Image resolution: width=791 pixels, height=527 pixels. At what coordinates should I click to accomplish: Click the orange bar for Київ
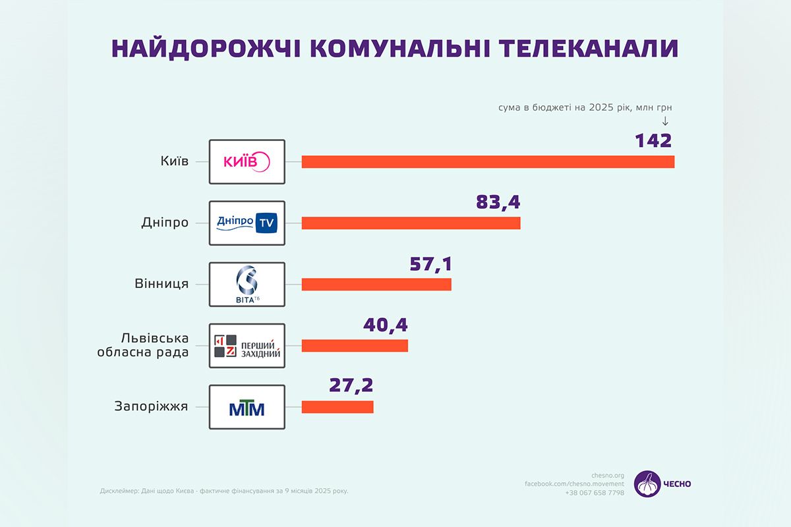tap(488, 162)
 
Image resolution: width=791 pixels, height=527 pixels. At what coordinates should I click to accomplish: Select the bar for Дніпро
tap(411, 223)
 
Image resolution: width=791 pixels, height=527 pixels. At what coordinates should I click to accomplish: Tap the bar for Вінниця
tap(376, 284)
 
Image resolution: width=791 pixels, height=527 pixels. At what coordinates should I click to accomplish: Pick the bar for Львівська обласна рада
tap(355, 345)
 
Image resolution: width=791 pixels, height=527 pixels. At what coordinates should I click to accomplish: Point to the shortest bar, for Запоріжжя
tap(337, 406)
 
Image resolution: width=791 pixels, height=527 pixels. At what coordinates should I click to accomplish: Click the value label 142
tap(653, 140)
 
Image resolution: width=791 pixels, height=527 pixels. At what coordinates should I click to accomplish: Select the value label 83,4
tap(498, 202)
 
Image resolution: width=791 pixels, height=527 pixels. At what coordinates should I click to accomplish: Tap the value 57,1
tap(430, 263)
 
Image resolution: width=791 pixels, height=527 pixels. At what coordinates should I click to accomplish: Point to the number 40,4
tap(386, 325)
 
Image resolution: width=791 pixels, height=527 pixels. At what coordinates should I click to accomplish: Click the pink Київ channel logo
tap(247, 162)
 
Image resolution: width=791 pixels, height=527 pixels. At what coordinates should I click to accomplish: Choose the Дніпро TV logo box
tap(247, 223)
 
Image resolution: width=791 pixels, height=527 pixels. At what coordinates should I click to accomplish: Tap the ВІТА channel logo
tap(247, 284)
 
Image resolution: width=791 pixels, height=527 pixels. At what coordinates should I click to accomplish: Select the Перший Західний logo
tap(247, 345)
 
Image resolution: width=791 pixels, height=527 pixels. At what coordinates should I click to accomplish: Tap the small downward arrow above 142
tap(665, 121)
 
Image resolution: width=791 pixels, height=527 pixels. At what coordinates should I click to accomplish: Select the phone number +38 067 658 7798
tap(594, 493)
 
